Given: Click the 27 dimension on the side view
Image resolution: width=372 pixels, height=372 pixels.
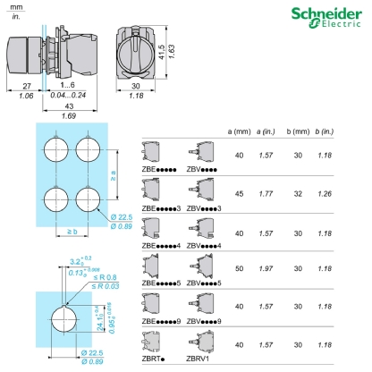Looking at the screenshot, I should click(x=24, y=87).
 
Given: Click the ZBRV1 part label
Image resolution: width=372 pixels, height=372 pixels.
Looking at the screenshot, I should click(x=200, y=359).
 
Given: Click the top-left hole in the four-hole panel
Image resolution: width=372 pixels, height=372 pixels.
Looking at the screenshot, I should click(x=55, y=148).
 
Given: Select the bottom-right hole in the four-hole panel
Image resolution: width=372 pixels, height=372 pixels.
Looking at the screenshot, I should click(x=90, y=197).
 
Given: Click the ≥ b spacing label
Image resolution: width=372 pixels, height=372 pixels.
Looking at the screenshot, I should click(x=72, y=232).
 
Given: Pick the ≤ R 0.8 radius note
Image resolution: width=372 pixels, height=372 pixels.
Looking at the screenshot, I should click(x=106, y=276).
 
